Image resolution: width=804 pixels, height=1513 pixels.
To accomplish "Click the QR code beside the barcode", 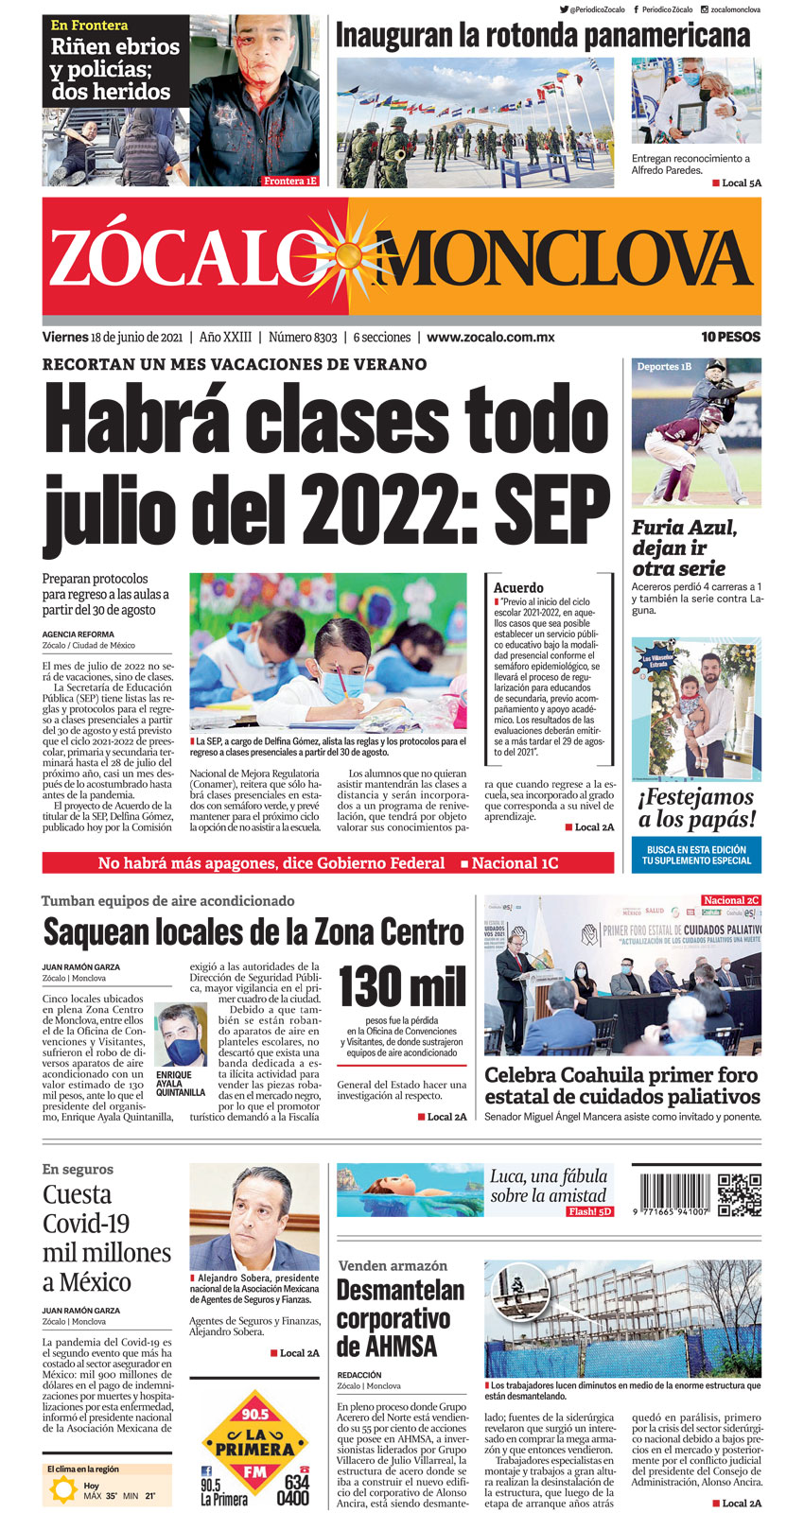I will (740, 1194).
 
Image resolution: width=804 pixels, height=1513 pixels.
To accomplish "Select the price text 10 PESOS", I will (730, 337).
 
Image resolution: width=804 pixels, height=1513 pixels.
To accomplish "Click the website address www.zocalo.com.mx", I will (490, 337).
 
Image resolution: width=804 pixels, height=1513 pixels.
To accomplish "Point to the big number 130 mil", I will (402, 986).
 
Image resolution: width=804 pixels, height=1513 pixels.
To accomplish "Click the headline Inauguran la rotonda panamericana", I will (543, 36).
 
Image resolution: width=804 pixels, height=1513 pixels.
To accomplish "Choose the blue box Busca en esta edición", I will (696, 855).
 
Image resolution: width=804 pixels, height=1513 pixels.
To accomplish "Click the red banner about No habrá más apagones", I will (328, 862).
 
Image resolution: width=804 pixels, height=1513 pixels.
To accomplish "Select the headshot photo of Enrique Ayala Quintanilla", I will (181, 1035).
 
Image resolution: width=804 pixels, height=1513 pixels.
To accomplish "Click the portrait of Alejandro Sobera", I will (254, 1216).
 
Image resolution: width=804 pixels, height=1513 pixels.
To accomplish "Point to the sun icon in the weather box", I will (64, 1490).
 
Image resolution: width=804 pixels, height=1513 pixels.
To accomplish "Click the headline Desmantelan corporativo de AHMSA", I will (401, 1317).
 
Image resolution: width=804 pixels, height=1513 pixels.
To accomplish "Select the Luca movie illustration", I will (410, 1190).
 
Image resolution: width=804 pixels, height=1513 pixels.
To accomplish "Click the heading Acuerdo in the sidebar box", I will (518, 587).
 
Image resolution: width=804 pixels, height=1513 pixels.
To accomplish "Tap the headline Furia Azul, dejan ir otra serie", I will (684, 548).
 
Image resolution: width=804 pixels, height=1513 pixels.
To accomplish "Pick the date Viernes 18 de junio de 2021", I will (113, 337).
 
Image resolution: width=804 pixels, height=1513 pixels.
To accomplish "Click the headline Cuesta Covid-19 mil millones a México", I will (107, 1237).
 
